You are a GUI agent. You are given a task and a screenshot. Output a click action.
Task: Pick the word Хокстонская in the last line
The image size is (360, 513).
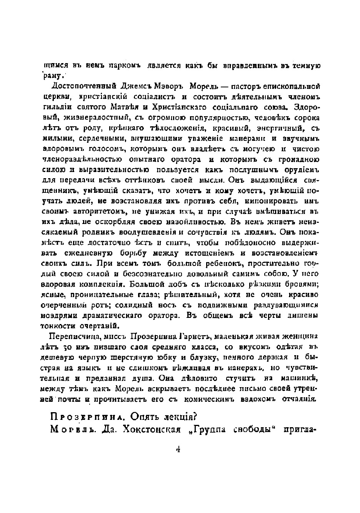[x=151, y=429]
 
